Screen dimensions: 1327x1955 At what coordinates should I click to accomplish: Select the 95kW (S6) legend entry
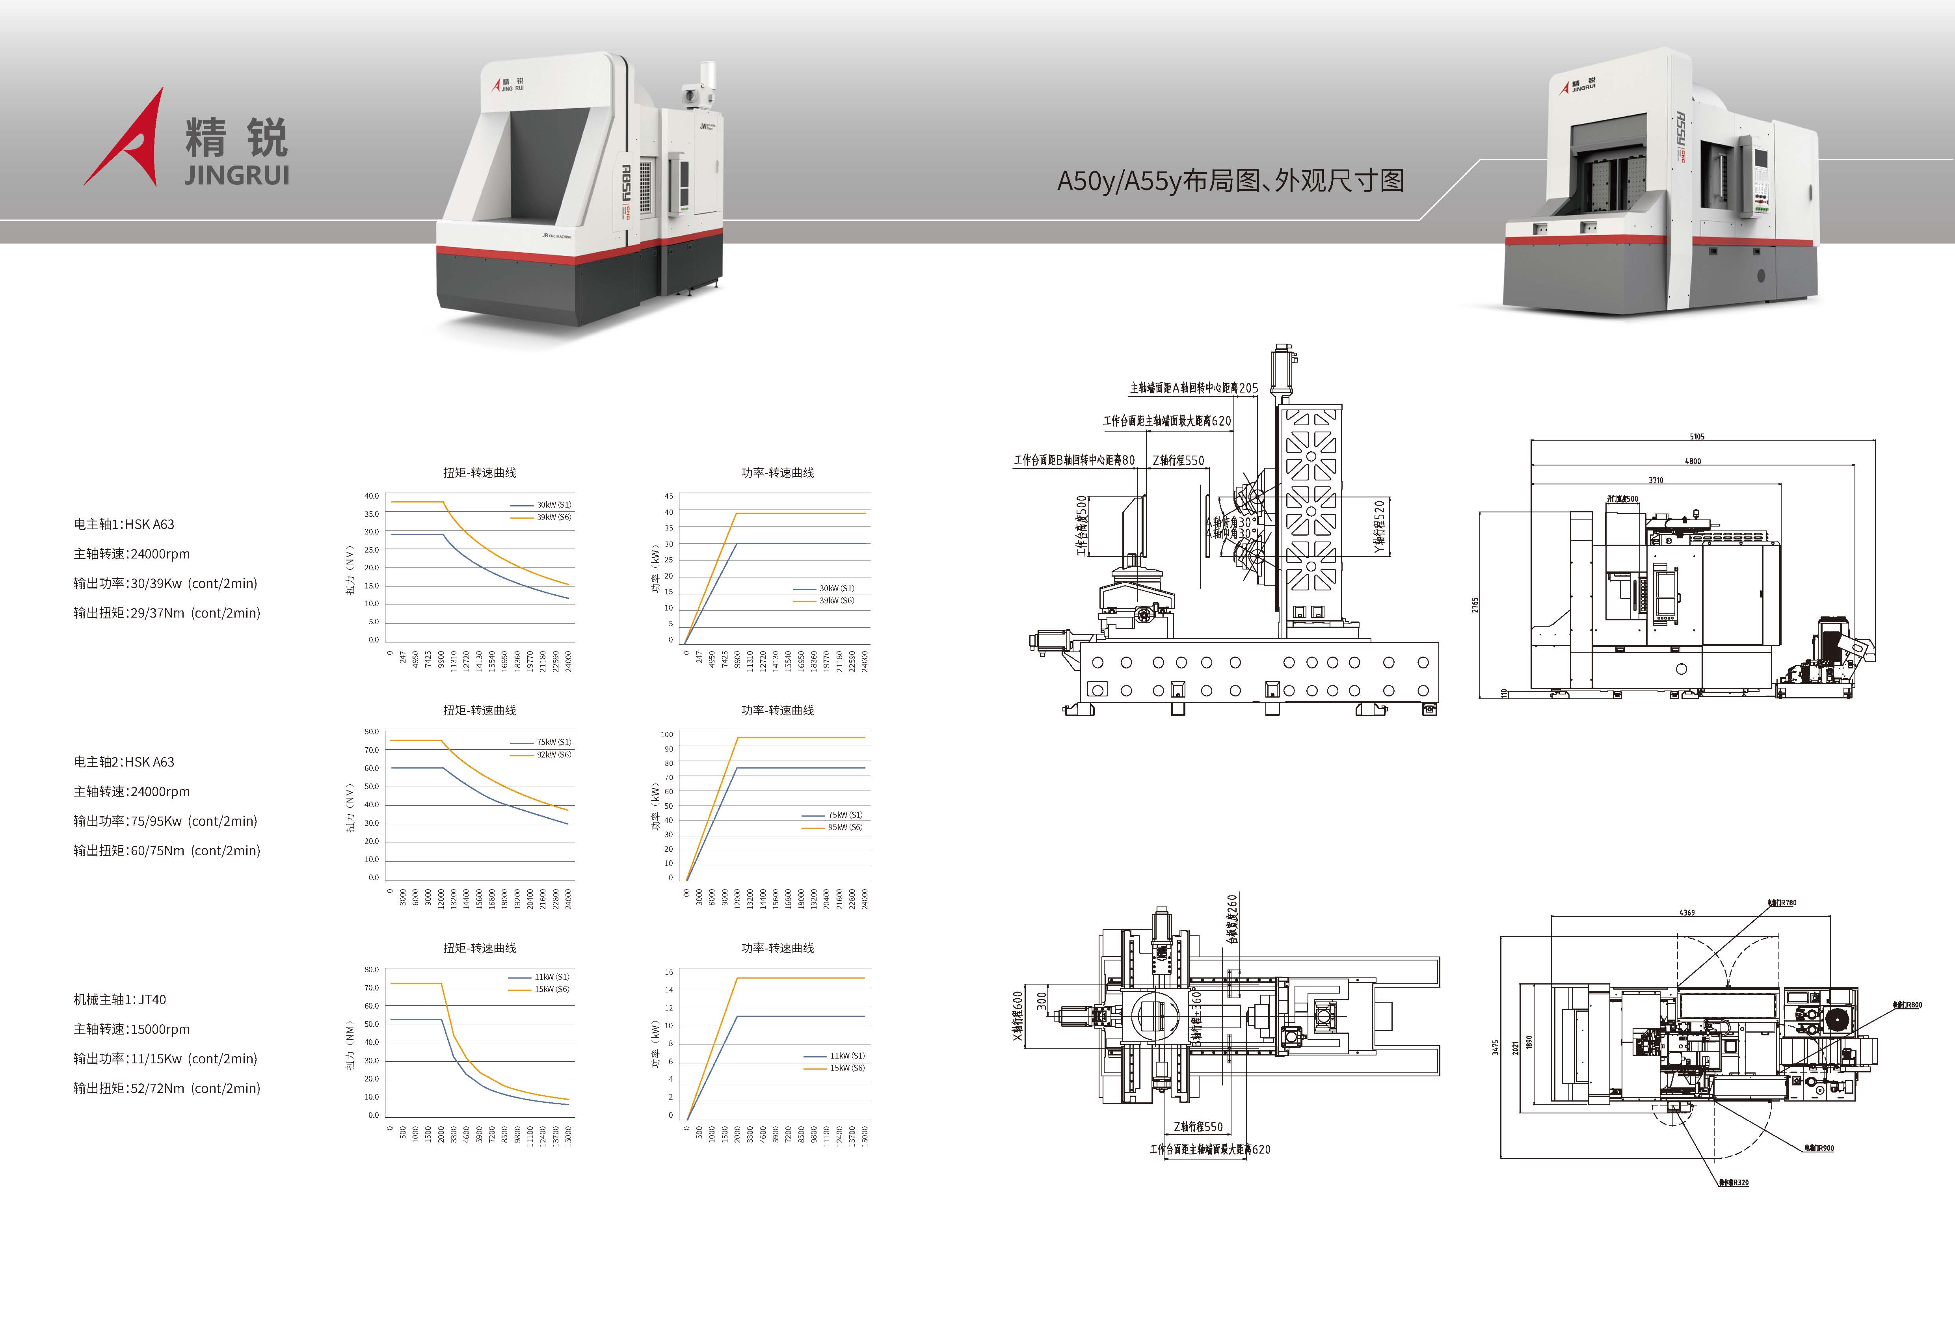844,827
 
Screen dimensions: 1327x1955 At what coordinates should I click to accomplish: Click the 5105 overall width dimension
1697,436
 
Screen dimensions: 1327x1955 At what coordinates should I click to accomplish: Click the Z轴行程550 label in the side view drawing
1178,460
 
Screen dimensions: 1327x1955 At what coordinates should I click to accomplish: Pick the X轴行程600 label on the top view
1018,1016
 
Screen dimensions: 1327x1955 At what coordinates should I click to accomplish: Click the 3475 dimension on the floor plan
1495,1047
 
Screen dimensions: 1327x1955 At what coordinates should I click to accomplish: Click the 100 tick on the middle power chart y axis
667,735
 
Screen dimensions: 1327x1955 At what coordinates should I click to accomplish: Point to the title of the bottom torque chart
480,947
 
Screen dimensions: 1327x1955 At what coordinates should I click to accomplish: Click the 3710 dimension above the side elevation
1656,480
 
